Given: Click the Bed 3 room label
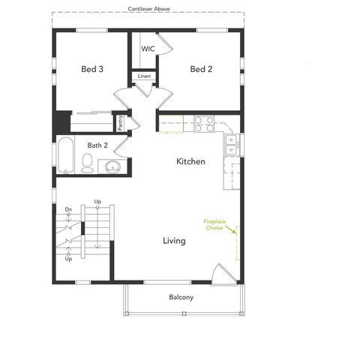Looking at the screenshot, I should [x=92, y=69].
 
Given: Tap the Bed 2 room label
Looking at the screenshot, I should [x=201, y=69].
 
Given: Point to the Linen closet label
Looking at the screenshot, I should [x=144, y=76].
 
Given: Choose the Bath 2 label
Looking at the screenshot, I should [x=97, y=145].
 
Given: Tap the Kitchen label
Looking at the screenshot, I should [x=190, y=162].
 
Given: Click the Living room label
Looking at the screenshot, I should [x=175, y=241].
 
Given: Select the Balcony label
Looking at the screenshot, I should [x=181, y=298].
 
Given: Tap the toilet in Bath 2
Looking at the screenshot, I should [x=87, y=161].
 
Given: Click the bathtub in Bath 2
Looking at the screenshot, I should [x=64, y=154].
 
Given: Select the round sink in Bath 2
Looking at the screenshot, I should [x=113, y=166].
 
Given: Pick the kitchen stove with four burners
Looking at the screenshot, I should [x=204, y=124].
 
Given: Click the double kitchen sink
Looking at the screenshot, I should [x=232, y=144].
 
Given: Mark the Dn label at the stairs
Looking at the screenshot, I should [x=68, y=209].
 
